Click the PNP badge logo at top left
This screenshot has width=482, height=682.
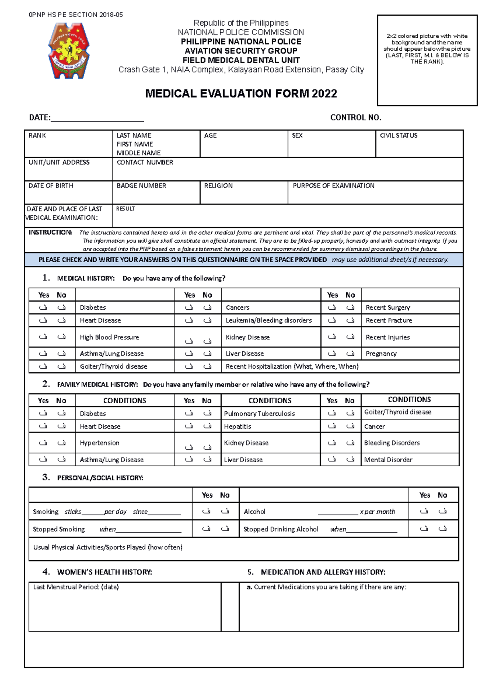pyautogui.click(x=69, y=51)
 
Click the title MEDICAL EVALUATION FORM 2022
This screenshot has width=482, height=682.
pyautogui.click(x=241, y=94)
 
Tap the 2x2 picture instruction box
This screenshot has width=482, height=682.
pyautogui.click(x=427, y=60)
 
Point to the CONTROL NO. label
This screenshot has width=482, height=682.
pyautogui.click(x=355, y=117)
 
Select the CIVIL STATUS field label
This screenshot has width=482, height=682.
pyautogui.click(x=398, y=135)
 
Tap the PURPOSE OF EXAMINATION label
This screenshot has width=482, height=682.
pyautogui.click(x=333, y=186)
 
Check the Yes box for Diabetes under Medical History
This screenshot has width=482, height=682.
pyautogui.click(x=43, y=308)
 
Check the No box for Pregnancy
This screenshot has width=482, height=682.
pyautogui.click(x=350, y=353)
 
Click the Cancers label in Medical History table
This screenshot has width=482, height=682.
pyautogui.click(x=237, y=308)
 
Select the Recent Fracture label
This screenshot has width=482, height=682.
pyautogui.click(x=389, y=321)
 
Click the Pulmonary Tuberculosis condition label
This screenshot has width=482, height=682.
pyautogui.click(x=259, y=414)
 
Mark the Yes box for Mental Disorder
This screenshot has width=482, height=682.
pyautogui.click(x=332, y=459)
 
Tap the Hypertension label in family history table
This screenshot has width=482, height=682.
pyautogui.click(x=100, y=443)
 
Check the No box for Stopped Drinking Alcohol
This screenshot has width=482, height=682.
pyautogui.click(x=442, y=529)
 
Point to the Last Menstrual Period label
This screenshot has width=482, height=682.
pyautogui.click(x=76, y=587)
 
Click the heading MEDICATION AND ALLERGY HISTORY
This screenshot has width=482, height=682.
pyautogui.click(x=323, y=572)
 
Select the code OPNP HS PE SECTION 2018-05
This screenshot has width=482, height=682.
pyautogui.click(x=76, y=15)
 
